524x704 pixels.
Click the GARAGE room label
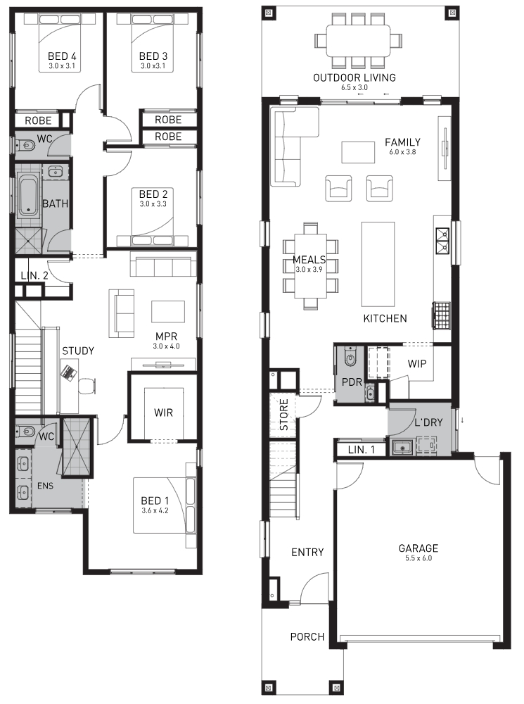coord(418,548)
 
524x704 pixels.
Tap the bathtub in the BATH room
coord(29,196)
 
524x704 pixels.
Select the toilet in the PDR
coord(349,357)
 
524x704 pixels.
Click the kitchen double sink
coord(442,241)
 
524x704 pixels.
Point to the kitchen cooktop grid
coord(440,315)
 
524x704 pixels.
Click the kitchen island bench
coord(378,263)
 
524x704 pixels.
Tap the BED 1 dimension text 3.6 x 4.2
coord(155,510)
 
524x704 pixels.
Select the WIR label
coord(163,412)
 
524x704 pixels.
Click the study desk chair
coord(87,386)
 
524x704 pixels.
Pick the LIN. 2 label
coord(34,276)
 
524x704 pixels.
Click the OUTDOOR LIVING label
coord(354,77)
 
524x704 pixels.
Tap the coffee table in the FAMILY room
coord(358,152)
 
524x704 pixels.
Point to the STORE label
coord(284,415)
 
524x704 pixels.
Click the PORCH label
coord(307,636)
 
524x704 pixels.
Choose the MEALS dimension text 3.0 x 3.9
coord(309,270)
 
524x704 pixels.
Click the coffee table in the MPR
coord(168,312)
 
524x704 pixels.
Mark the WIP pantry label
coord(417,364)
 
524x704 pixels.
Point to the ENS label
coord(45,486)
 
